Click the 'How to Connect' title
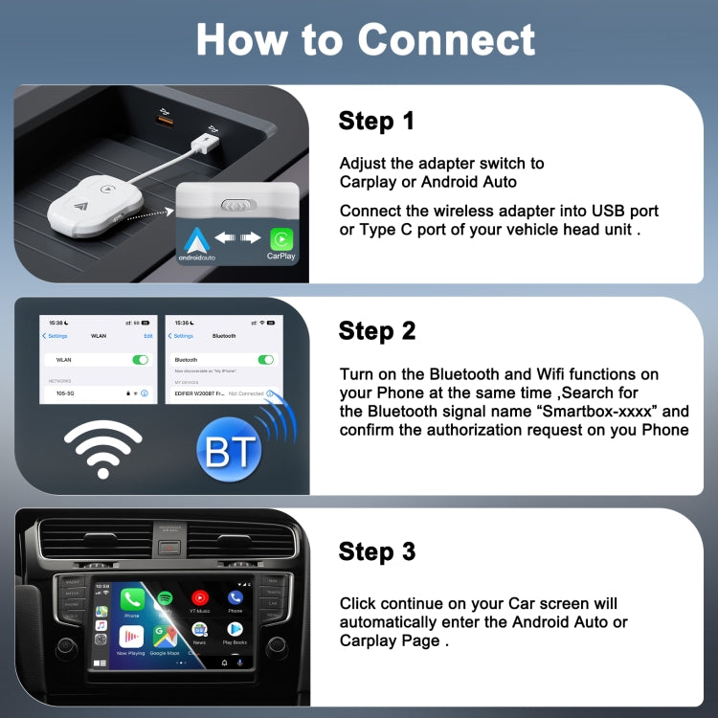click(x=365, y=40)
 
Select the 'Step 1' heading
click(x=376, y=122)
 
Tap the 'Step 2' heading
click(x=376, y=331)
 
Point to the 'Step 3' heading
click(x=376, y=551)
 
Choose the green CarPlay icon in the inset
click(x=281, y=238)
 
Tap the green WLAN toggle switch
click(x=141, y=360)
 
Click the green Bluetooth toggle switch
click(x=266, y=360)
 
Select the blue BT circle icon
click(x=229, y=451)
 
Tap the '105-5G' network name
click(x=66, y=393)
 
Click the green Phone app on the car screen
click(x=132, y=599)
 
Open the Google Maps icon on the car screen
click(x=166, y=635)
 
